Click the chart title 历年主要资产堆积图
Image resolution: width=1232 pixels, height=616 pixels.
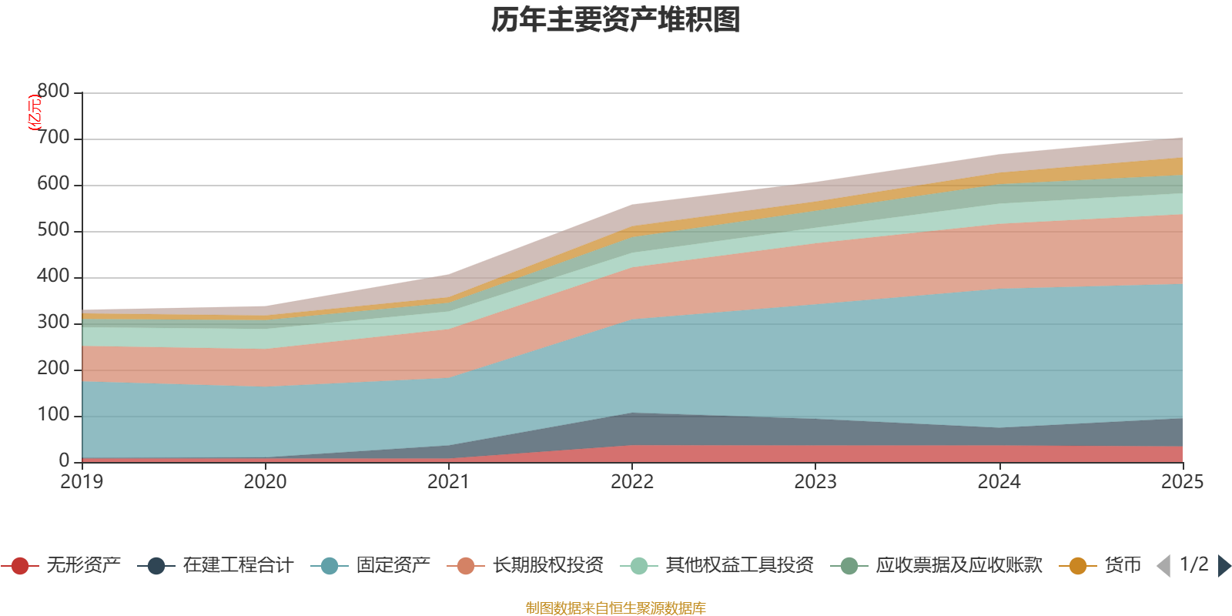coord(616,20)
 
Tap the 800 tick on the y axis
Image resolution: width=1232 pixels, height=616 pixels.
coord(53,92)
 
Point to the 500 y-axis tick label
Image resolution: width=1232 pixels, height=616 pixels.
coord(53,231)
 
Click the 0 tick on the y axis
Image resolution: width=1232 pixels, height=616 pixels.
coord(64,461)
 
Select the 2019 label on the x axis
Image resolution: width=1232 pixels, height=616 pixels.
coord(82,482)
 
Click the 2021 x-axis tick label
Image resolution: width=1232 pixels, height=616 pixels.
coord(448,482)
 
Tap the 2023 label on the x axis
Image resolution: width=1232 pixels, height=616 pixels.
coord(815,482)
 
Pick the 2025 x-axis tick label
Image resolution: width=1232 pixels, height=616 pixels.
coord(1182,482)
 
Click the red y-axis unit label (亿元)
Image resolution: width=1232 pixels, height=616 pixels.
coord(34,113)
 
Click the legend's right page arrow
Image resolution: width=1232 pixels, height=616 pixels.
coord(1224,566)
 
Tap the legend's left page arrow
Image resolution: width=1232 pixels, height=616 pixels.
coord(1163,566)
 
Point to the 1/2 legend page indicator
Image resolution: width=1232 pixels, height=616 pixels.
coord(1194,564)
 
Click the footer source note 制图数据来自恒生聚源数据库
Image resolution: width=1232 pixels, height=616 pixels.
coord(616,608)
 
